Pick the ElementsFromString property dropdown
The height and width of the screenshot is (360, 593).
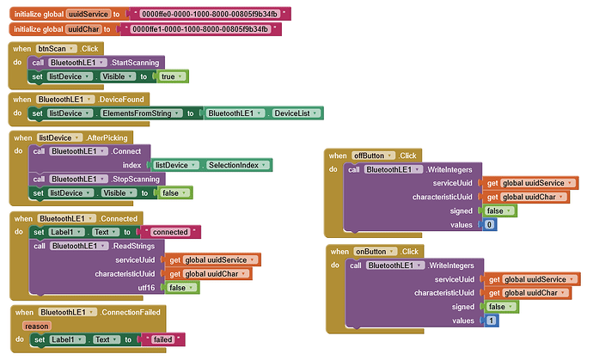[141, 113]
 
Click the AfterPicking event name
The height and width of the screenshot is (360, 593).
[107, 137]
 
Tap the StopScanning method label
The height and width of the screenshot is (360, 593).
[134, 179]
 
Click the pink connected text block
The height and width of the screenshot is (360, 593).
[174, 232]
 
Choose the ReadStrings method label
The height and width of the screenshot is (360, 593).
[133, 246]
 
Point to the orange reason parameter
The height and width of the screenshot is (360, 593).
[39, 326]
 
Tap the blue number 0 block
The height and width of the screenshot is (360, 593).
[488, 224]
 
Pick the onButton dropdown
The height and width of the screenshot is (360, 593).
[375, 251]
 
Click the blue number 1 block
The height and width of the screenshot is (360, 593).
[490, 320]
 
